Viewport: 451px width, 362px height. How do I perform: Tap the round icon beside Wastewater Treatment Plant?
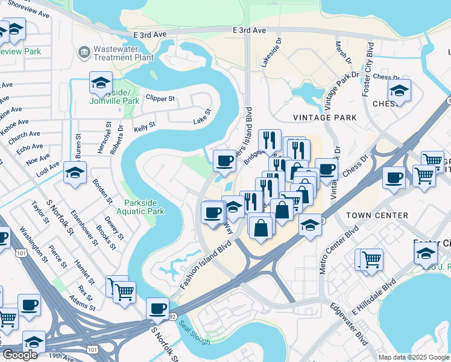pos(84,53)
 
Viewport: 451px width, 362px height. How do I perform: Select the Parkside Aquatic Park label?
pos(144,207)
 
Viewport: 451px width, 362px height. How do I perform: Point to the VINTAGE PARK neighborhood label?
pos(321,117)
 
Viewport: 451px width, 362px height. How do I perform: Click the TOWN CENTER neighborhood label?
pos(377,215)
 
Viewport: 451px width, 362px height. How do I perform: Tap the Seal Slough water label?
pos(194,332)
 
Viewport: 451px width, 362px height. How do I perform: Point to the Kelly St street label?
pos(145,127)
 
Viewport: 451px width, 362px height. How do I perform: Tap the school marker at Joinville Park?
pos(101,83)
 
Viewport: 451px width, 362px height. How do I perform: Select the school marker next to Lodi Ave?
pos(75,173)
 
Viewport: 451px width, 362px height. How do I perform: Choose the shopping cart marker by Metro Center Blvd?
pos(371,259)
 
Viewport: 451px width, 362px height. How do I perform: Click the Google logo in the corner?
pos(20,355)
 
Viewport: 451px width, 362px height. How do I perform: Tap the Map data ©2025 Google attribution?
pos(413,357)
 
